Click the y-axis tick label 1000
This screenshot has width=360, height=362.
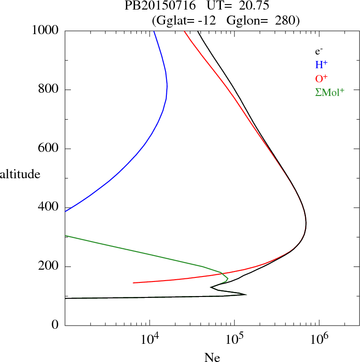[45, 30]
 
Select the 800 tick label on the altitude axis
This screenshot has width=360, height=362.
[49, 90]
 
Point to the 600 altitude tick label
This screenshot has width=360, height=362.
[49, 149]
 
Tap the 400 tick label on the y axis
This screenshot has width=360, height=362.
[49, 207]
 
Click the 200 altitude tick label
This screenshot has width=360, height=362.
[49, 266]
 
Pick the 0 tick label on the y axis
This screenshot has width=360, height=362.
[55, 325]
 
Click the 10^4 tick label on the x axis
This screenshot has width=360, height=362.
[150, 339]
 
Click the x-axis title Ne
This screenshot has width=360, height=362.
[212, 357]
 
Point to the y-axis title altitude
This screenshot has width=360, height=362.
[20, 174]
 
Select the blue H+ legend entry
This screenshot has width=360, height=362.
[322, 65]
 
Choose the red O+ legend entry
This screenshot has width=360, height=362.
[322, 78]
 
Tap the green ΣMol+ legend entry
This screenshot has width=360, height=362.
[330, 92]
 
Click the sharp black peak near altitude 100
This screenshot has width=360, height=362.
[245, 295]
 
